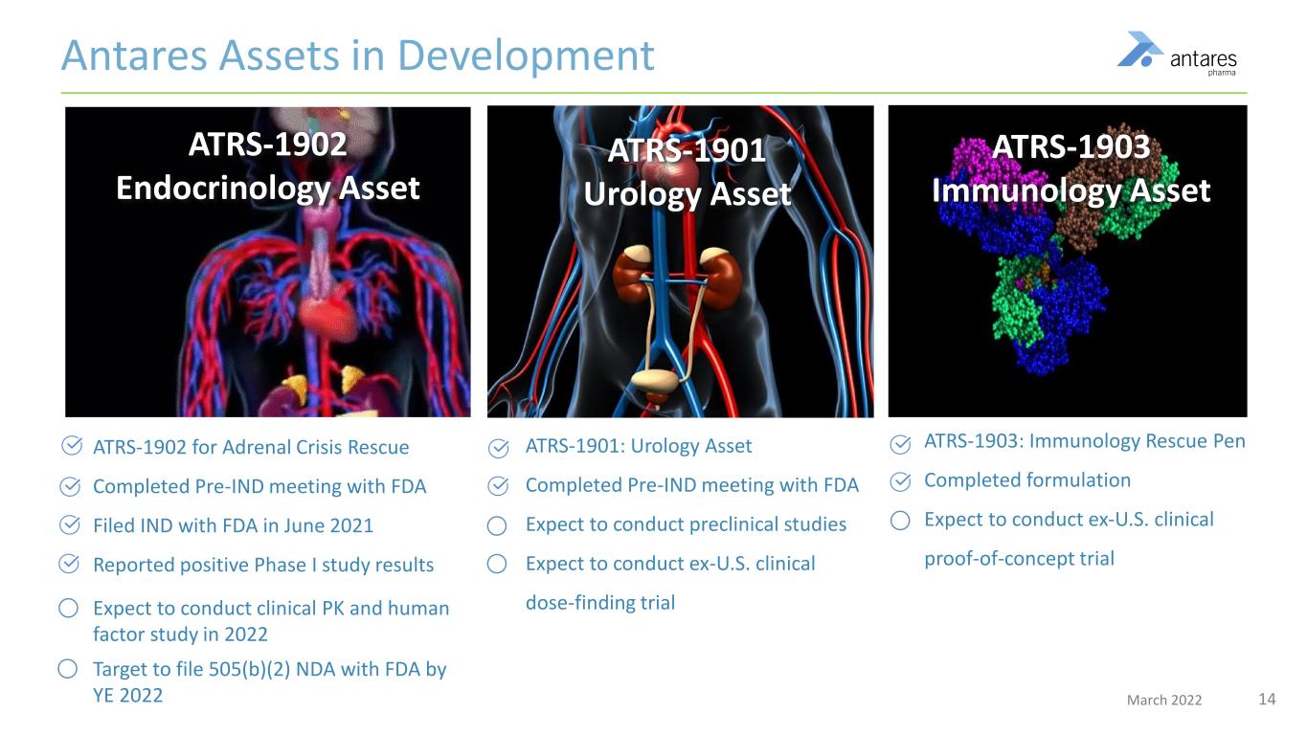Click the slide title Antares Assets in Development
click(357, 56)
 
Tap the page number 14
click(1266, 700)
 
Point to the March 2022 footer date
click(1163, 701)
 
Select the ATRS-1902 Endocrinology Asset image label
click(267, 167)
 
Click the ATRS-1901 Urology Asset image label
click(687, 173)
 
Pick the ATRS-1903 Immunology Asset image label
click(1070, 169)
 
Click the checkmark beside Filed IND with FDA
click(70, 525)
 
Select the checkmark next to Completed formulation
click(900, 480)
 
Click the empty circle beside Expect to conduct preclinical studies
click(496, 525)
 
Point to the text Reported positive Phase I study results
click(262, 565)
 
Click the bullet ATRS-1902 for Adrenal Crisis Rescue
click(250, 447)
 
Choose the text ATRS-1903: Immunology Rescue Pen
click(1084, 442)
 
